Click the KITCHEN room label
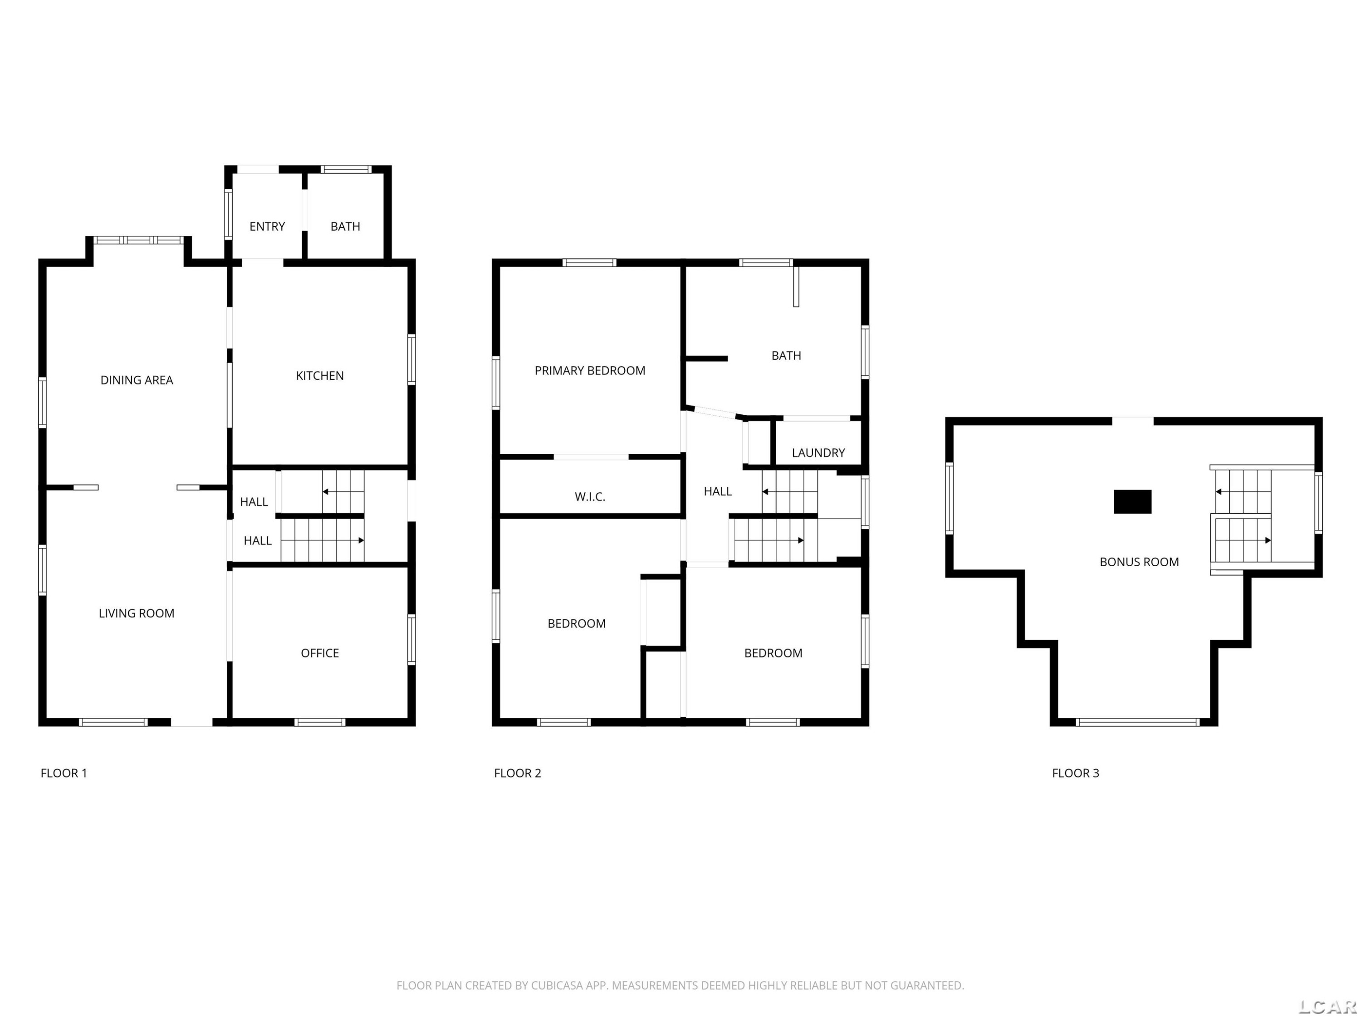(319, 376)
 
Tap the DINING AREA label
(137, 380)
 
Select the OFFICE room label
(319, 653)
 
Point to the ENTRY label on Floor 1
(267, 226)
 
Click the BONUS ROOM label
(1139, 562)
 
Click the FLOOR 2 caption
(518, 773)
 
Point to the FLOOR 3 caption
(1076, 773)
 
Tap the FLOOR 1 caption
(64, 773)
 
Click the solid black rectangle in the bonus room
(1133, 502)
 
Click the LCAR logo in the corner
(1327, 1006)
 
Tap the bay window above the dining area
(138, 240)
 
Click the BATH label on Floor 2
(786, 355)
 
